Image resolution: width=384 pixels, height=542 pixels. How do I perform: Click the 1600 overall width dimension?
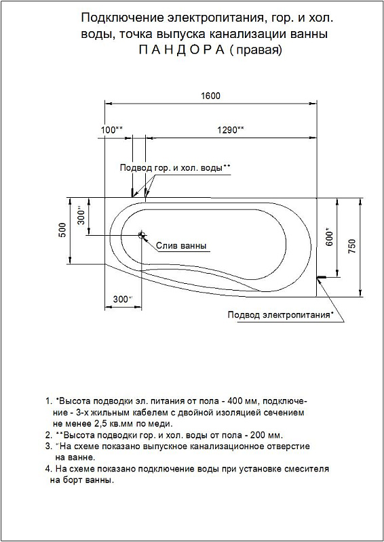pyautogui.click(x=210, y=96)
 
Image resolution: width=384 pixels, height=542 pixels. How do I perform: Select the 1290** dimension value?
pyautogui.click(x=230, y=130)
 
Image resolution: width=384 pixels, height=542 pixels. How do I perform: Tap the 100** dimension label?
pyautogui.click(x=112, y=130)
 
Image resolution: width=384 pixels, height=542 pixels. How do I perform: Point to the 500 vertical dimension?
pyautogui.click(x=62, y=230)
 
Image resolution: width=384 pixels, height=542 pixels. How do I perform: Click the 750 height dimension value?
pyautogui.click(x=352, y=247)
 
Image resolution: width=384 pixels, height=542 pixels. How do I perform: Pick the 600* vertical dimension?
pyautogui.click(x=330, y=237)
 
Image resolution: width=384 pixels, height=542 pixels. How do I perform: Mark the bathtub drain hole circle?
pyautogui.click(x=141, y=235)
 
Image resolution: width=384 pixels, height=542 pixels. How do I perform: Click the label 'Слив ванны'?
pyautogui.click(x=181, y=246)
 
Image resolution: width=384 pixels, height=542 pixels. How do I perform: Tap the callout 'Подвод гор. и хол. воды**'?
pyautogui.click(x=175, y=168)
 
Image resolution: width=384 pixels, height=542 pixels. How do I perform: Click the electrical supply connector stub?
pyautogui.click(x=322, y=277)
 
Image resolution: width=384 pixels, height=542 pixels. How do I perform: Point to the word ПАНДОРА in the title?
pyautogui.click(x=182, y=50)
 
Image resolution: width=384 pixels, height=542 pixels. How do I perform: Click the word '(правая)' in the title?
pyautogui.click(x=256, y=50)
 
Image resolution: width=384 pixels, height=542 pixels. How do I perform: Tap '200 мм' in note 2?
pyautogui.click(x=268, y=435)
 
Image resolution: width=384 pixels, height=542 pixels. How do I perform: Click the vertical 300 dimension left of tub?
pyautogui.click(x=81, y=215)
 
